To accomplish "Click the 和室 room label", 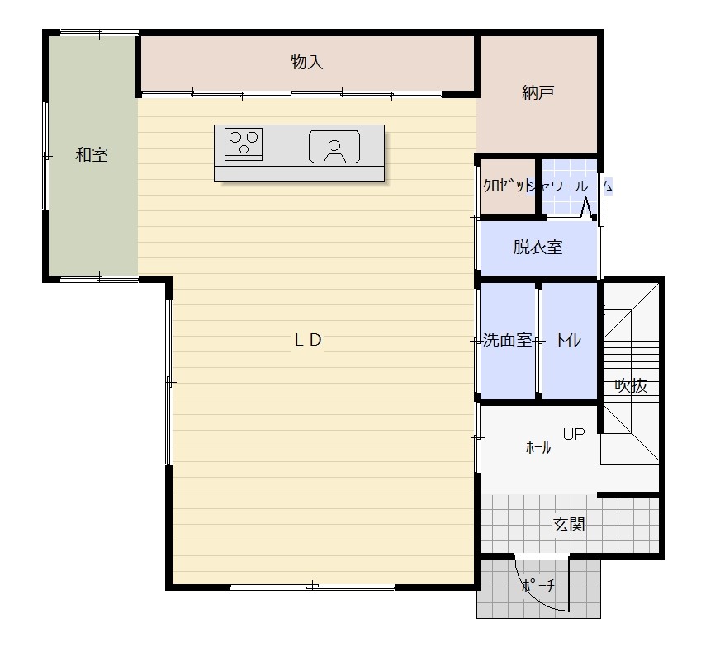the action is click(x=91, y=155).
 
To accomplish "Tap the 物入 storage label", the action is click(x=306, y=62).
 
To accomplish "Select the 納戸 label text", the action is click(x=538, y=92).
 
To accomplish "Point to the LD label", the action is click(x=308, y=340).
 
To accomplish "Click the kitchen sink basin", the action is click(x=334, y=147).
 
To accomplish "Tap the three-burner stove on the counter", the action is click(x=244, y=144).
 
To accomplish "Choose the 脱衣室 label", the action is click(x=538, y=247).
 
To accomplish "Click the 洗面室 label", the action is click(x=508, y=340).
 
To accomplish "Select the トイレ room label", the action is click(x=569, y=341).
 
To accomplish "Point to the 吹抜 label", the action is click(x=631, y=385).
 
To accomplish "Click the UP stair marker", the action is click(x=574, y=433).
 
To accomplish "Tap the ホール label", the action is click(x=538, y=447).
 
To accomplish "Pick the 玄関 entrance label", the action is click(x=569, y=524).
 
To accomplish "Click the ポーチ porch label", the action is click(x=538, y=585).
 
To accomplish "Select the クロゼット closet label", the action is click(x=506, y=186).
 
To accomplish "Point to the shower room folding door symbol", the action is click(x=587, y=209).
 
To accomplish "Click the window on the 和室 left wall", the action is click(x=45, y=155).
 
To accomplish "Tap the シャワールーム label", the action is click(x=569, y=186).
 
